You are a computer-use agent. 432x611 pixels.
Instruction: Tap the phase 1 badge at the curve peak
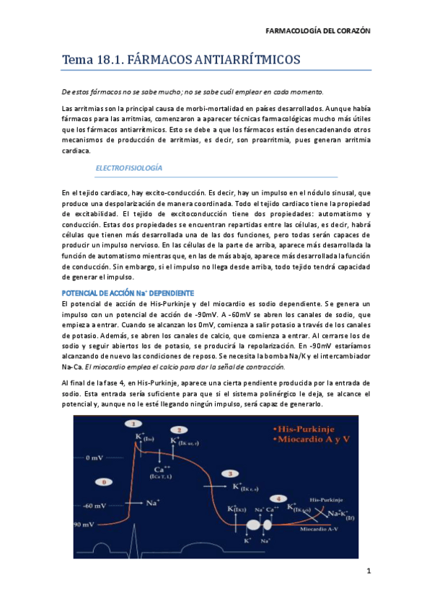133,424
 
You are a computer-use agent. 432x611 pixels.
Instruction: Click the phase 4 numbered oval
276,499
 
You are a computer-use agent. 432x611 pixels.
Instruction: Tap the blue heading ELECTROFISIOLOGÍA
129,168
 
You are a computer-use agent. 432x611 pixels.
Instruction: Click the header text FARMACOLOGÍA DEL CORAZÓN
318,32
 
